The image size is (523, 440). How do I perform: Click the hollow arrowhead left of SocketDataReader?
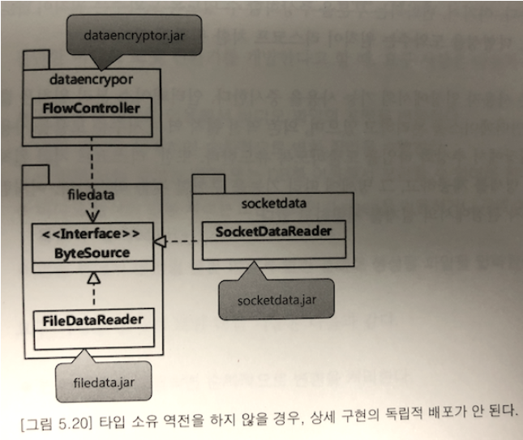pos(161,240)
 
